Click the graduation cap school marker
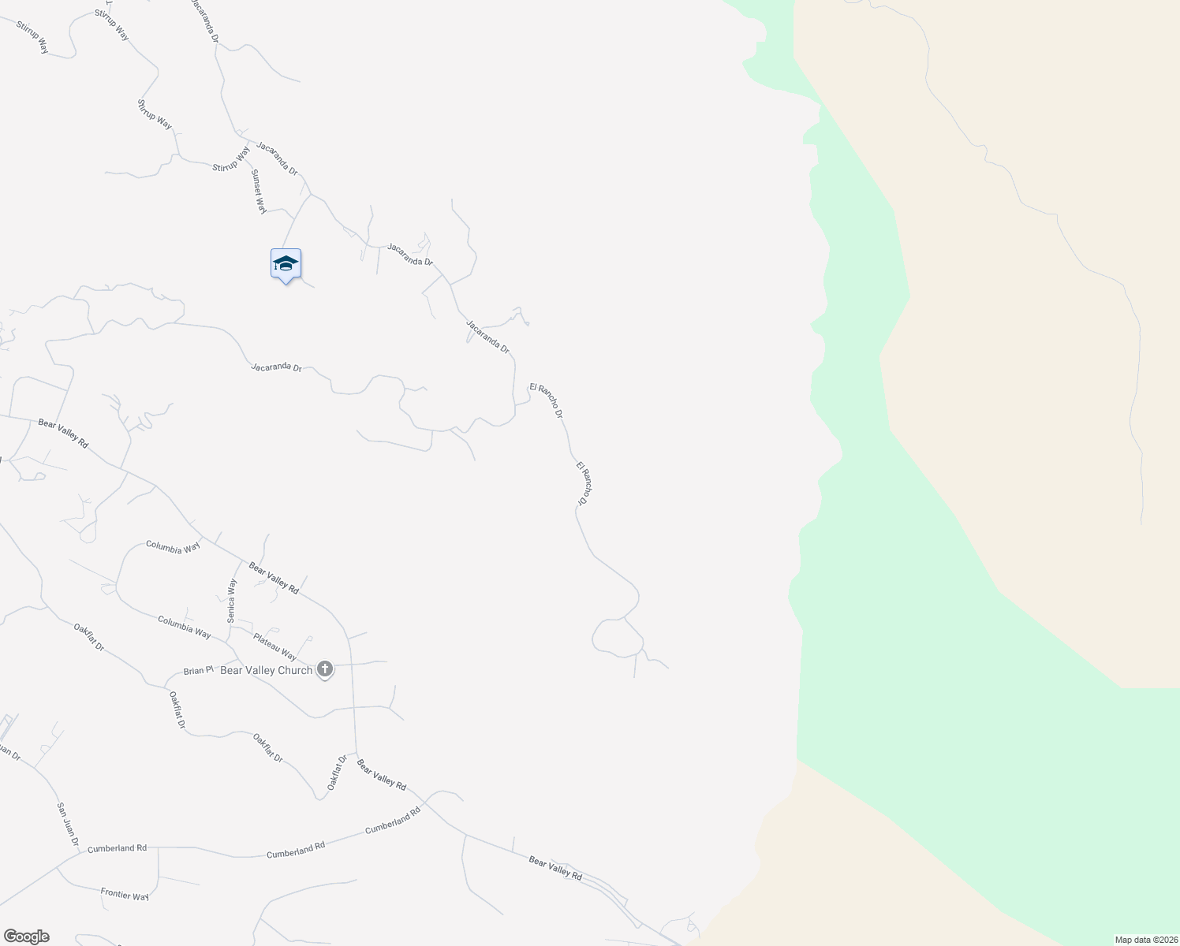(286, 263)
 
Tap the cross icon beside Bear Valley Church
(324, 670)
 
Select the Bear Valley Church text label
(266, 670)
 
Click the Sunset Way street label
(259, 191)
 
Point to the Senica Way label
(232, 601)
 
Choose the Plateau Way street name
(274, 646)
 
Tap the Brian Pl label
(198, 671)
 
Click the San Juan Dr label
(68, 824)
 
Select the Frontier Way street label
(125, 894)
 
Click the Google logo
(26, 937)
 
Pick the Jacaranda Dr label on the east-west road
(276, 367)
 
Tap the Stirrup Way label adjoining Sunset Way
(231, 158)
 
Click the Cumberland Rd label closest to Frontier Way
(118, 848)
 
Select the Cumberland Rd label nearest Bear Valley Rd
(393, 821)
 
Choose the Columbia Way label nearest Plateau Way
(184, 627)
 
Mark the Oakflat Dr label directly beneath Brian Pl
(177, 709)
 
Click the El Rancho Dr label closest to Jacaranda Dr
(547, 400)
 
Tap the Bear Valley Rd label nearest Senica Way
(274, 578)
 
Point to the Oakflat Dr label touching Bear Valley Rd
(337, 773)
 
